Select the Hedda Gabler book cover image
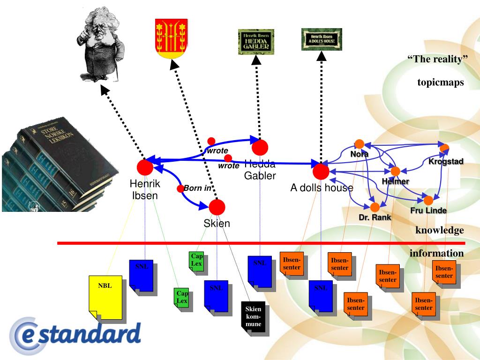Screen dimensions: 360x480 tap(256, 41)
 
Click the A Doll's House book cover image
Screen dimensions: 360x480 tap(321, 39)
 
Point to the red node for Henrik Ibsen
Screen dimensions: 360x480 tap(145, 167)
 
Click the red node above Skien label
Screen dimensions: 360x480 tap(217, 207)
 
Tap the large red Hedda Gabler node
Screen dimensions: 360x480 tap(260, 147)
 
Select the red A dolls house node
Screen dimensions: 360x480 tap(321, 172)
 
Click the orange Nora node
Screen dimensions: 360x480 tap(360, 144)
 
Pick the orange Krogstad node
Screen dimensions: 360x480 tap(444, 148)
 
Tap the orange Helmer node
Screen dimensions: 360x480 tap(395, 172)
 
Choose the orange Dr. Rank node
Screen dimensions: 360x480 tap(375, 207)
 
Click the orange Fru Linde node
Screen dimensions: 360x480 tap(428, 200)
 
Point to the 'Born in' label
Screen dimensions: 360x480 tap(197, 188)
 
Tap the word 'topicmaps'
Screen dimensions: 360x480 tap(440, 83)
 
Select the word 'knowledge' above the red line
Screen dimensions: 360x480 tap(439, 230)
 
